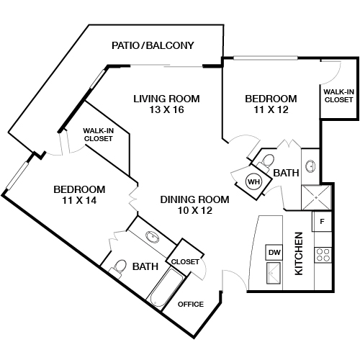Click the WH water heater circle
[254, 181]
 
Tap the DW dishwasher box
[274, 252]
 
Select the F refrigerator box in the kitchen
[322, 221]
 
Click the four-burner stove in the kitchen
[323, 255]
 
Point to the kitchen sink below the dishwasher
[274, 273]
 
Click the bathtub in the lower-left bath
[166, 287]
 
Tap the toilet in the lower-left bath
[118, 269]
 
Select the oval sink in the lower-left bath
[152, 238]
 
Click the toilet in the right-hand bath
[266, 161]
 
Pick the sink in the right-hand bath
[310, 166]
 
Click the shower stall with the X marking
[316, 198]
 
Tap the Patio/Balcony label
[153, 45]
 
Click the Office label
[191, 305]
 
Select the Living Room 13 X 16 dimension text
[166, 110]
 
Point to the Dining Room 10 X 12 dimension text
[195, 210]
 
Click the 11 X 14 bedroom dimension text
[79, 200]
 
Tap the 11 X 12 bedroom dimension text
[271, 109]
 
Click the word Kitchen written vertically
[299, 253]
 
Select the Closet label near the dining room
[185, 261]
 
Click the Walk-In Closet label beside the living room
[99, 135]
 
